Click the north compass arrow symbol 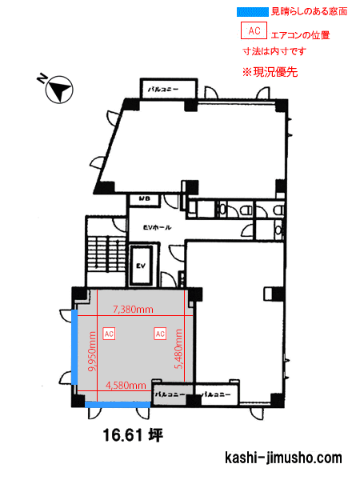(x=59, y=90)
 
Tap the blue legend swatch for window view (x=252, y=12)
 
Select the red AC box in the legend (x=254, y=30)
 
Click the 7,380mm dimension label (x=133, y=310)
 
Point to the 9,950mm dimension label (x=92, y=351)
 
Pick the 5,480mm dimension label (x=178, y=349)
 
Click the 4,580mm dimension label (x=126, y=385)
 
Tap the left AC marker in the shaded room (x=109, y=334)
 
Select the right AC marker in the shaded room (x=160, y=334)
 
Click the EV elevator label (x=141, y=266)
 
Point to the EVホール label (x=157, y=227)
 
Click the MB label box (x=145, y=199)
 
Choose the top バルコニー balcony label (x=163, y=90)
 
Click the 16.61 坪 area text (x=133, y=435)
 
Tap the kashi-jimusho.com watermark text (x=283, y=458)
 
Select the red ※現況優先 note (x=270, y=72)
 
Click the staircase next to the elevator (x=106, y=254)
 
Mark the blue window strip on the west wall (x=74, y=347)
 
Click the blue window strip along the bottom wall (x=118, y=405)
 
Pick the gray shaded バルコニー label (x=170, y=394)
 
